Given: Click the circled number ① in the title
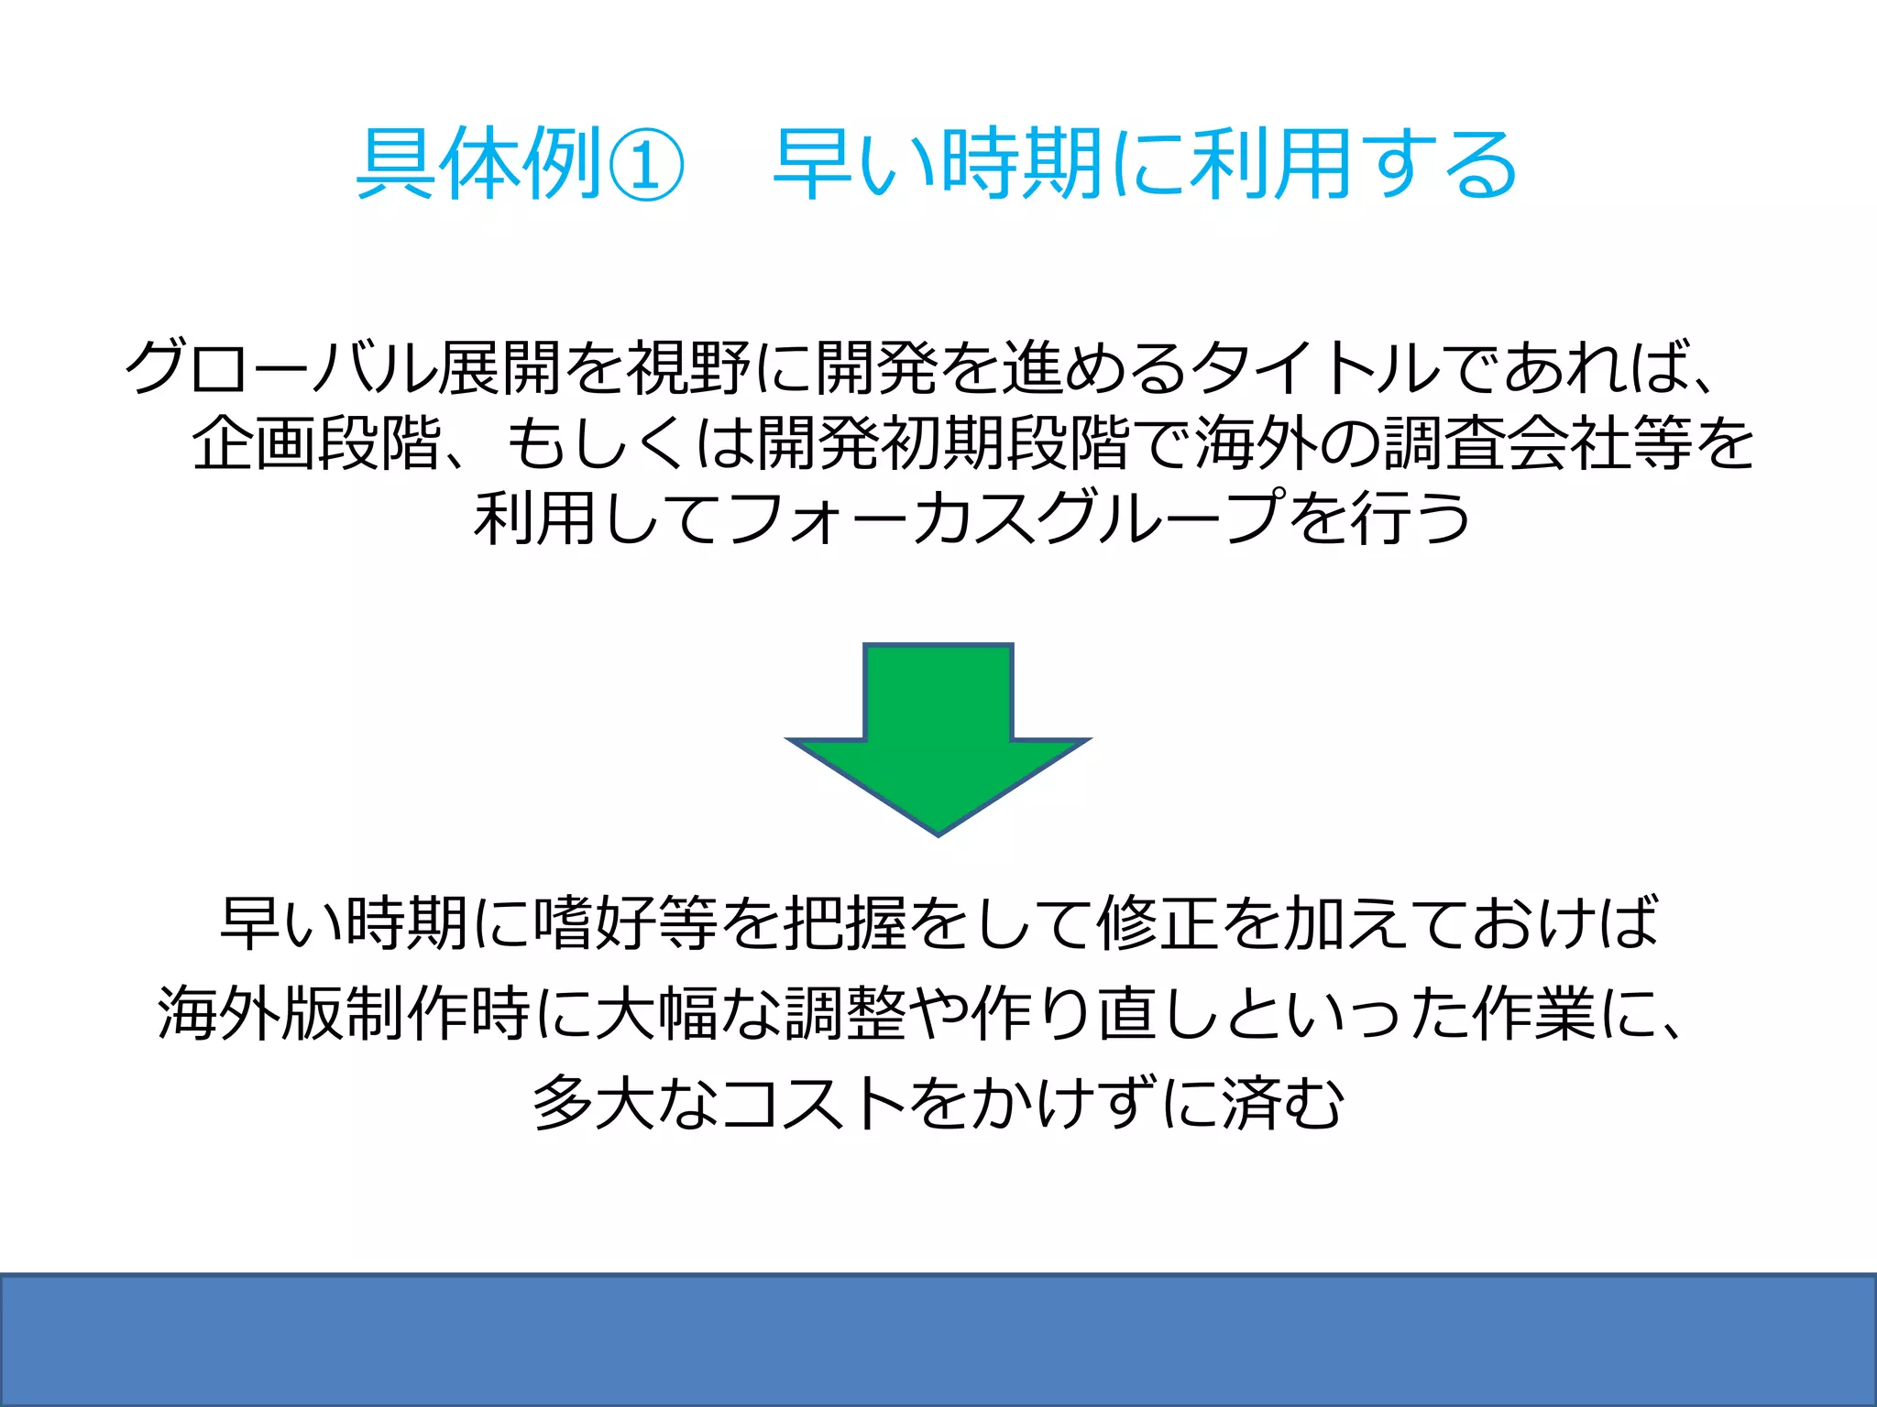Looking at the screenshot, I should tap(646, 165).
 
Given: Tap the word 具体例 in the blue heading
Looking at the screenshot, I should tap(478, 165).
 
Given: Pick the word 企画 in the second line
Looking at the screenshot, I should tap(254, 443).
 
